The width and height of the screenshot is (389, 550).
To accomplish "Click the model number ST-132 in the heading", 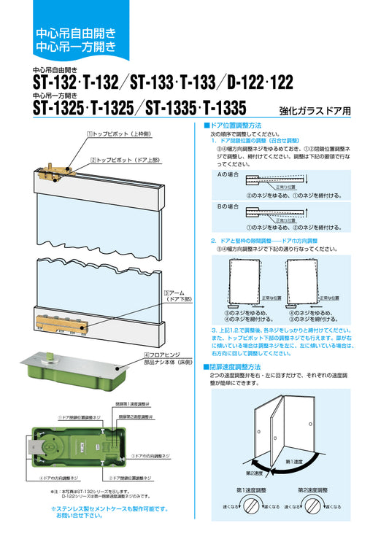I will pyautogui.click(x=56, y=85).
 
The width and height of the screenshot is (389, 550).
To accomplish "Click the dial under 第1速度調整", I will pyautogui.click(x=250, y=505).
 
